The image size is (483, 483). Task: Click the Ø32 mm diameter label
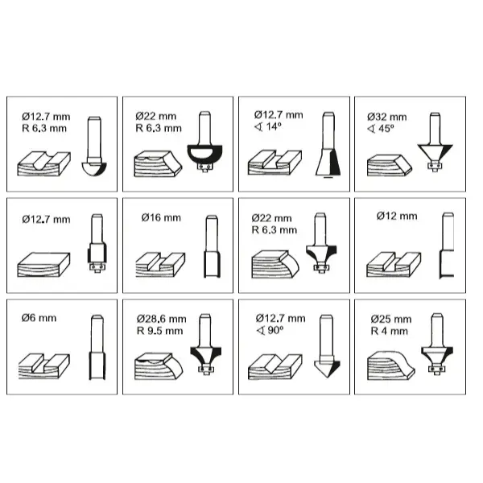[387, 117]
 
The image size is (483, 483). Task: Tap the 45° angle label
[381, 129]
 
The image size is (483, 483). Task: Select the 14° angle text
[268, 126]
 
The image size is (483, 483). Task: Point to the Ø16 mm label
[161, 218]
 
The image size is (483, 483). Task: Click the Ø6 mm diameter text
[39, 318]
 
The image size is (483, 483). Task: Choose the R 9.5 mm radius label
[160, 331]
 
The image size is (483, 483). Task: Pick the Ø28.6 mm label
[162, 319]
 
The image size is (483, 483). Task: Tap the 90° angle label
[270, 331]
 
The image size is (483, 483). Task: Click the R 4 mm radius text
[390, 331]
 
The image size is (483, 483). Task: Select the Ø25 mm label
[391, 319]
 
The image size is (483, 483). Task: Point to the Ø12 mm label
[397, 217]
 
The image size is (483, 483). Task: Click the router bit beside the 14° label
[328, 145]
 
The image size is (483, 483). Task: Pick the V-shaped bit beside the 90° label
[327, 345]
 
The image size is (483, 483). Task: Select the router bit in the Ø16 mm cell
[212, 246]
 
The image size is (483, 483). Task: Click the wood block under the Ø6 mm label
[44, 366]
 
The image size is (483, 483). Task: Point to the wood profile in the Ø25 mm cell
[391, 365]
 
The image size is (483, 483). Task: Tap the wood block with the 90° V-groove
[275, 366]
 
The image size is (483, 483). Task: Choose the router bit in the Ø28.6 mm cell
[205, 344]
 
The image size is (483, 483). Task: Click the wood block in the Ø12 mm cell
[394, 265]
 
